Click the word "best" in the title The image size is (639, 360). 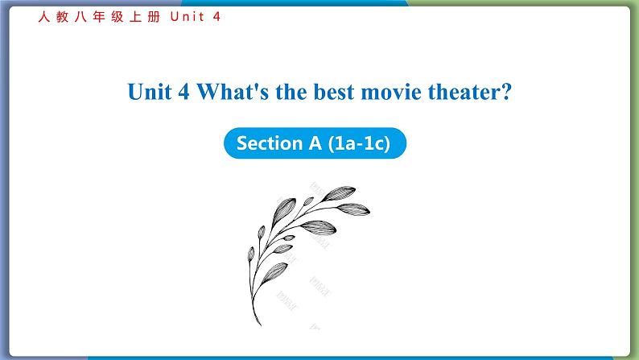click(334, 92)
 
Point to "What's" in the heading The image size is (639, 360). click(233, 92)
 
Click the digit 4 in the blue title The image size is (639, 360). click(183, 92)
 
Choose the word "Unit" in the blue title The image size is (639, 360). click(150, 92)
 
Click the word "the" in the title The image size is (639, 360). click(291, 92)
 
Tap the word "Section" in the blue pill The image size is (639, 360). click(267, 143)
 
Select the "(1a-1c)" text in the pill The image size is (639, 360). click(359, 143)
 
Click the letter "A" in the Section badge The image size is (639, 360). click(315, 143)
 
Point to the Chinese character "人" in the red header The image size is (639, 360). click(44, 17)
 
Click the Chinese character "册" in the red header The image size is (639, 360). click(154, 17)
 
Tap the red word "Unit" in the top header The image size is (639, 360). click(187, 17)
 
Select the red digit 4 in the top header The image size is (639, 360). click(216, 17)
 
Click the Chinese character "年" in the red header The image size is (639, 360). click(99, 17)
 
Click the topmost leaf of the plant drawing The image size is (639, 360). click(339, 193)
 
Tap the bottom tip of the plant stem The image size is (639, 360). click(260, 325)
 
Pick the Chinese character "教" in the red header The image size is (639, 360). click(62, 17)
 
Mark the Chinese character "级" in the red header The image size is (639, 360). click(117, 17)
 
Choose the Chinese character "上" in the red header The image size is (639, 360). click(136, 17)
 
